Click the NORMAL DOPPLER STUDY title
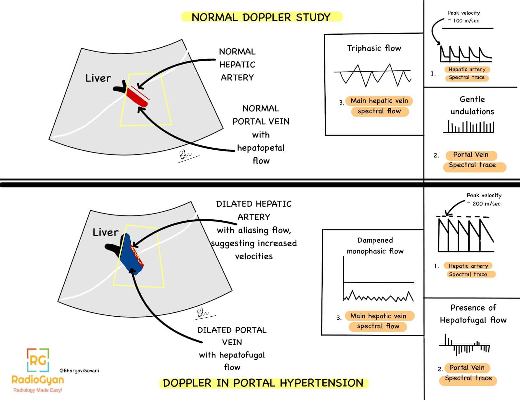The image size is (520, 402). click(x=261, y=17)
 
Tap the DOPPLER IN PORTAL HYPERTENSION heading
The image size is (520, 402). click(x=263, y=383)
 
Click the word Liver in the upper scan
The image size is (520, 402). click(x=98, y=78)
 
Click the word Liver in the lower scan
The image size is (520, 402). click(x=105, y=232)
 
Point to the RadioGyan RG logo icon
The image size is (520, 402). click(x=38, y=360)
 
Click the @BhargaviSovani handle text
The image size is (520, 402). click(x=79, y=371)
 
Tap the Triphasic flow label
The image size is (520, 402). click(x=374, y=48)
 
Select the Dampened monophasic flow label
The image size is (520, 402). click(x=375, y=246)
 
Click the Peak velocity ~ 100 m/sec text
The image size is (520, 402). click(x=463, y=17)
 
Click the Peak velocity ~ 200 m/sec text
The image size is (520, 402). click(x=484, y=199)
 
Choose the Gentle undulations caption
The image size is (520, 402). click(x=472, y=105)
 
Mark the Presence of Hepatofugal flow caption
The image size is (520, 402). click(x=473, y=314)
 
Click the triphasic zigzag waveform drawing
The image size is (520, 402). click(x=373, y=75)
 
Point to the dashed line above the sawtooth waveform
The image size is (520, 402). click(x=463, y=216)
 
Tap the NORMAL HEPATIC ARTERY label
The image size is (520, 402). click(x=237, y=65)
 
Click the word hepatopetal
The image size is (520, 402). click(x=261, y=148)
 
